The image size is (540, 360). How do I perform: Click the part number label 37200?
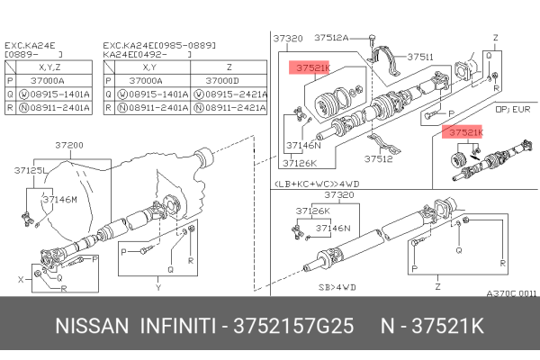[68, 145]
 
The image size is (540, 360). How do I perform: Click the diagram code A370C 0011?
[511, 293]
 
